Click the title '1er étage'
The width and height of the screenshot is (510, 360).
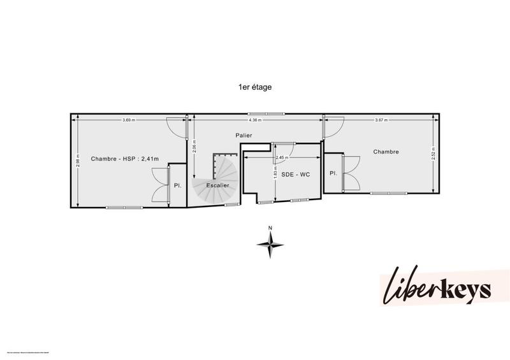(254, 88)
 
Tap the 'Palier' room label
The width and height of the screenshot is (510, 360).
(243, 135)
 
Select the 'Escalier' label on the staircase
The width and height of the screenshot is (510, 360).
(217, 185)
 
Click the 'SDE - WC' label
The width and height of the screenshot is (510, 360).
(295, 174)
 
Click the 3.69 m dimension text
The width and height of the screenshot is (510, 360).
(129, 120)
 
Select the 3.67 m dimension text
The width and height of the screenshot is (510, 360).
(381, 120)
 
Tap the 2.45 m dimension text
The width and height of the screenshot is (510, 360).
(281, 157)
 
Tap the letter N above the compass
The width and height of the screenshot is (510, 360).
(270, 227)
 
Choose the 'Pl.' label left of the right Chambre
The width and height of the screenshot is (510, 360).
(333, 173)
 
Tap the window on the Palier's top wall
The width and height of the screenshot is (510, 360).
(276, 114)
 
